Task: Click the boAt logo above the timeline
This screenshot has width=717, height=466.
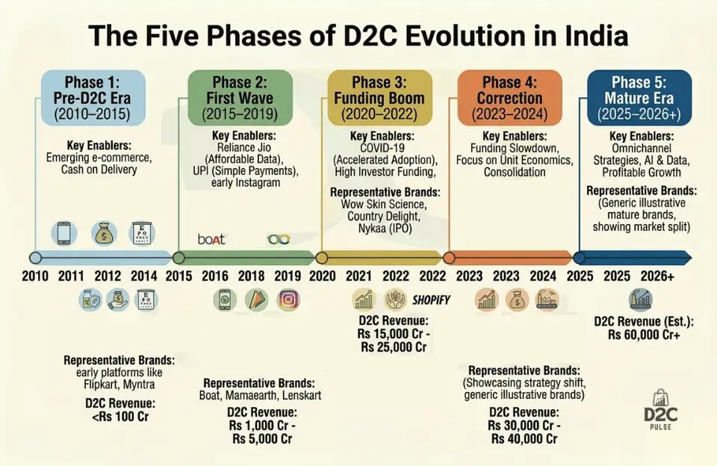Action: pyautogui.click(x=211, y=239)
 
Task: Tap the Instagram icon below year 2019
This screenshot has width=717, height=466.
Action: pyautogui.click(x=288, y=299)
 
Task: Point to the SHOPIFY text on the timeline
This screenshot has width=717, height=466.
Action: pyautogui.click(x=431, y=299)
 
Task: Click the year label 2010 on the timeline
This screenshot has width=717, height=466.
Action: pyautogui.click(x=35, y=276)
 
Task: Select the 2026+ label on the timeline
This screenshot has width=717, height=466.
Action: pyautogui.click(x=657, y=276)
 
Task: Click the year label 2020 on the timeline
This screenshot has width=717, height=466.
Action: pyautogui.click(x=322, y=276)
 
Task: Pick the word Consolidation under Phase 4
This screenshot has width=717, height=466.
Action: pyautogui.click(x=515, y=172)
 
